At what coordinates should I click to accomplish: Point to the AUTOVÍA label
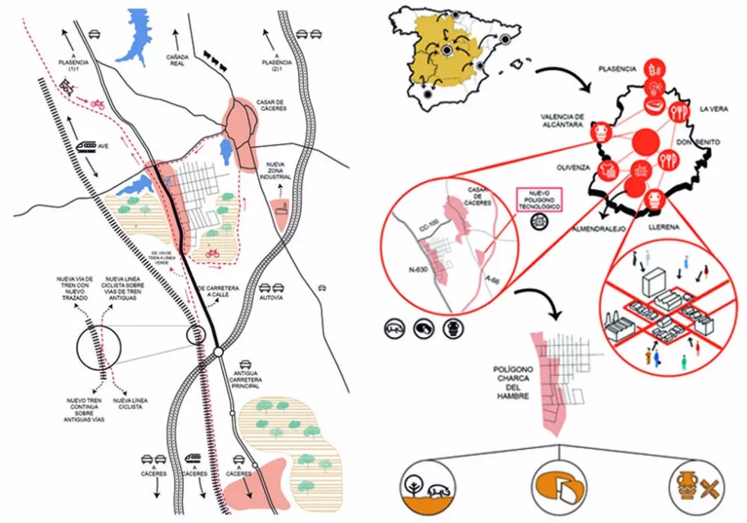(271, 298)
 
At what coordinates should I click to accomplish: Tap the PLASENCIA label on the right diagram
(617, 69)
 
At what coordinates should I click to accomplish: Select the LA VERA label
(713, 108)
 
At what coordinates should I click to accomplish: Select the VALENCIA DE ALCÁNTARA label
(562, 120)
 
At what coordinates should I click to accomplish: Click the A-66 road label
(492, 280)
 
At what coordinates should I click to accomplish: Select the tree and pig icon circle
(428, 488)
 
